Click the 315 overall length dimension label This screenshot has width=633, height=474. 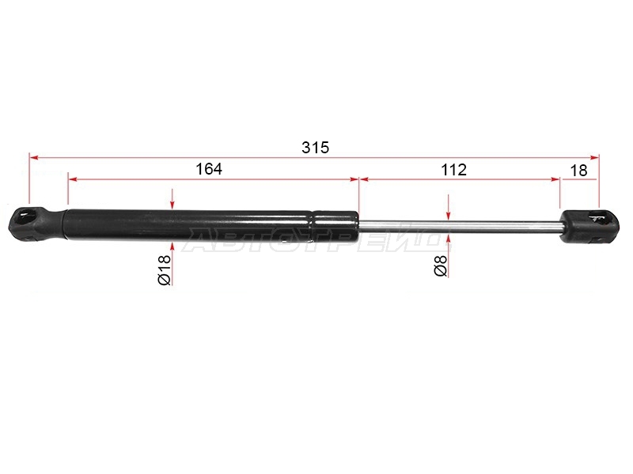(315, 148)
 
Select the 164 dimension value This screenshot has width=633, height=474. (209, 169)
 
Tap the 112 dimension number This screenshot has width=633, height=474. (453, 170)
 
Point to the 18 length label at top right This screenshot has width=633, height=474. (578, 171)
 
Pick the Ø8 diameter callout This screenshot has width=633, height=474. (441, 265)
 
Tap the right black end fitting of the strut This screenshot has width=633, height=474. (589, 227)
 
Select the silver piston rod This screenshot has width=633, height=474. (460, 228)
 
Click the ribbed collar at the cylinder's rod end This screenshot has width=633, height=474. (335, 226)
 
